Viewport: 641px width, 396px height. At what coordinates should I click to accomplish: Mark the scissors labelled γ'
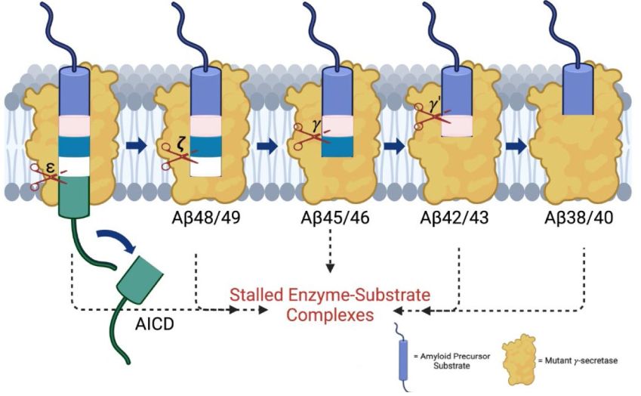pyautogui.click(x=433, y=114)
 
